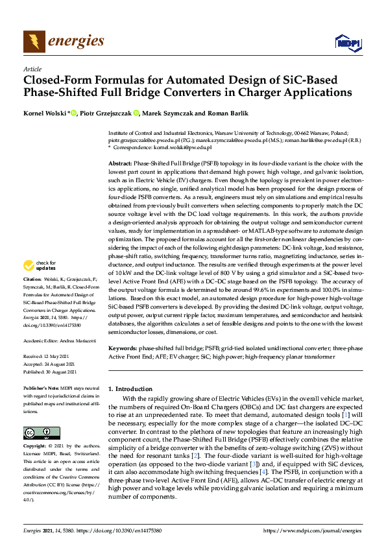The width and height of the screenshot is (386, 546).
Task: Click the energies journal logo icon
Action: click(x=34, y=41)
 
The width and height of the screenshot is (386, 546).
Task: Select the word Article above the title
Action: click(x=32, y=69)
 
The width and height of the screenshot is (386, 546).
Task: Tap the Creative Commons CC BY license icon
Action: click(x=42, y=433)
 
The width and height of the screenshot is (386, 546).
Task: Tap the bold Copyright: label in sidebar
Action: click(x=36, y=447)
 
